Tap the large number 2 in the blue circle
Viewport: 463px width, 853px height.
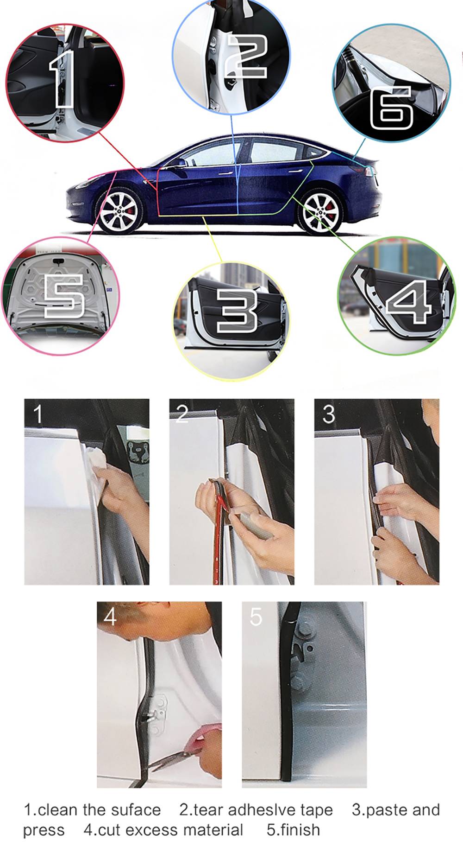(x=246, y=57)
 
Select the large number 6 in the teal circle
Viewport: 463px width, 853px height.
(x=392, y=107)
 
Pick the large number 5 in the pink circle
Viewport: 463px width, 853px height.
(x=64, y=295)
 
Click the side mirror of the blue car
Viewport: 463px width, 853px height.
(x=178, y=163)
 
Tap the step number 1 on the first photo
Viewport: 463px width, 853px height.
(x=38, y=414)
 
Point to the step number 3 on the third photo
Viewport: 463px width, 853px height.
(x=328, y=414)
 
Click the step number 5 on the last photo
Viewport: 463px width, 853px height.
(x=256, y=617)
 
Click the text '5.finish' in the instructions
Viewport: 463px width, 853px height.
(x=293, y=830)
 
